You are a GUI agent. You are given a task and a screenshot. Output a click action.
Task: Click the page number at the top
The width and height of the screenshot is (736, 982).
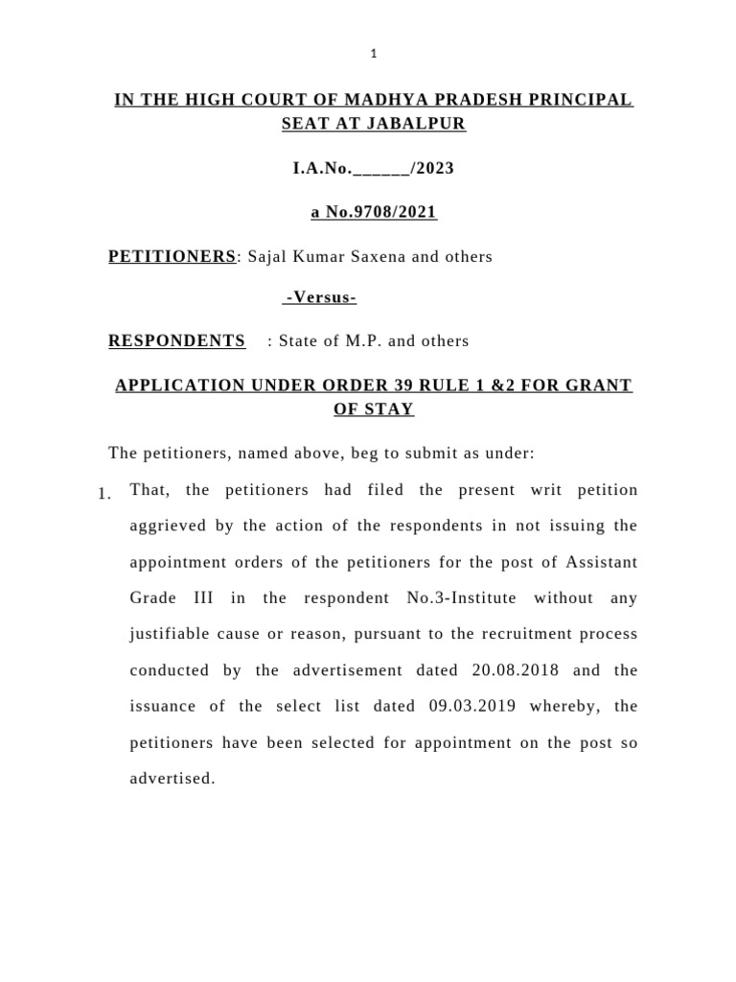click(x=374, y=54)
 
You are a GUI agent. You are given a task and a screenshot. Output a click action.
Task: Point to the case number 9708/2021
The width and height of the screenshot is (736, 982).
click(x=396, y=213)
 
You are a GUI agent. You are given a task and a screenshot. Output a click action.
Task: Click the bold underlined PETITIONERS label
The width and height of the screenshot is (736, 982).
click(x=172, y=256)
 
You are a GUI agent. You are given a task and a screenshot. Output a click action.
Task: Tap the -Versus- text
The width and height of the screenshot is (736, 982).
click(x=320, y=298)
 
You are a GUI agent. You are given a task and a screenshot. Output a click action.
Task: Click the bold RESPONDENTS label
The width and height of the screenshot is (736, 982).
click(x=176, y=340)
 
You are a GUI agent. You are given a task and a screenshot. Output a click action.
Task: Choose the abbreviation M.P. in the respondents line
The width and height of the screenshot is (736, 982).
click(x=367, y=340)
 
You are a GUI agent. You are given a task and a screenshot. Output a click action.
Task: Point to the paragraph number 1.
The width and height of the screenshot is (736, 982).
click(x=105, y=494)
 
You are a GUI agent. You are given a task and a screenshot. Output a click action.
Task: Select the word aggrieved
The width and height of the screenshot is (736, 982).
click(x=165, y=526)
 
